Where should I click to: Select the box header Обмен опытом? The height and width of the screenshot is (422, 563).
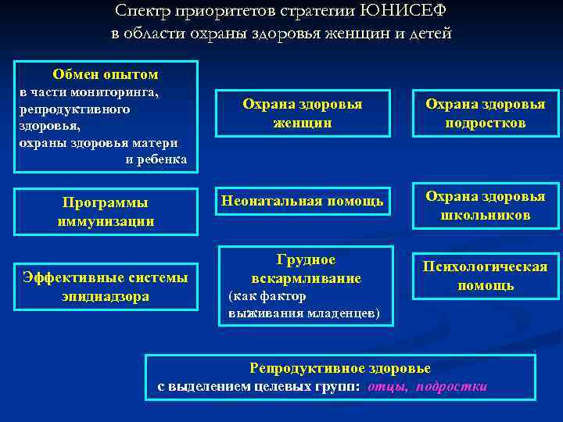point(106,74)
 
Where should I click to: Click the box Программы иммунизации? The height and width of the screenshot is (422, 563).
point(106,212)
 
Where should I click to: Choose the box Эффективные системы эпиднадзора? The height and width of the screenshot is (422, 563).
point(106,286)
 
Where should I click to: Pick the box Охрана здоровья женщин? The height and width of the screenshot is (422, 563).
point(303,113)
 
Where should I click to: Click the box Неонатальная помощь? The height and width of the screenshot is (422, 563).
point(303,202)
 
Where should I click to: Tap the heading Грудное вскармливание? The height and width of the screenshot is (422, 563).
point(306,269)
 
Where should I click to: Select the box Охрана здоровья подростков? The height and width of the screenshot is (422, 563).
point(485,113)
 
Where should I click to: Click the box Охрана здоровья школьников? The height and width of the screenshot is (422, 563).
point(485,206)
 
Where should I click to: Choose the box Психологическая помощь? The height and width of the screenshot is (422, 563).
point(485,276)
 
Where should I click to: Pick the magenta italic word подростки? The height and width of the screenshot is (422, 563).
point(452,386)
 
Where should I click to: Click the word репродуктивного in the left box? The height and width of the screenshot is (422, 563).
point(75,109)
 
